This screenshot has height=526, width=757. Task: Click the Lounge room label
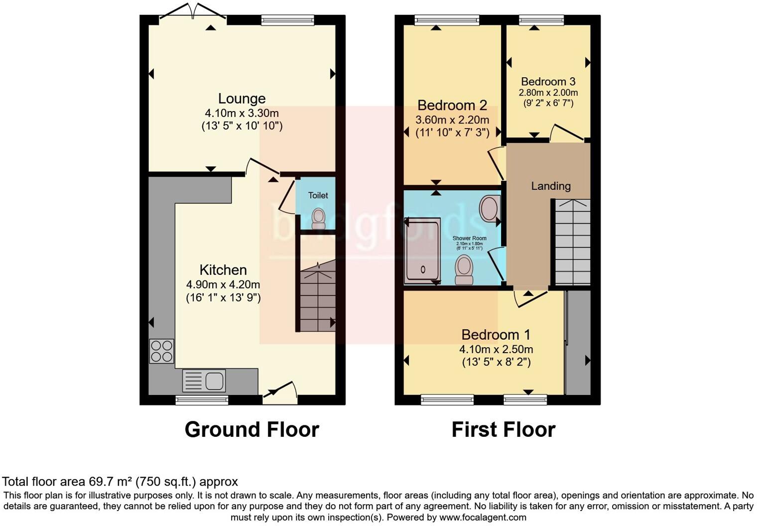coord(242,99)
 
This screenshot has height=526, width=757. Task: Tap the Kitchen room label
coord(223,270)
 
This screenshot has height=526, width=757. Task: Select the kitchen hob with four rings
coord(161,351)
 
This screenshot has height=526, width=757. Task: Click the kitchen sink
coord(204,381)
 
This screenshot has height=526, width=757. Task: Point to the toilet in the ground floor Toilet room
coord(318,217)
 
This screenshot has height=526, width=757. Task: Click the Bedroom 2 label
coord(452,106)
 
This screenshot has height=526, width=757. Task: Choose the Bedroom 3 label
coord(548,82)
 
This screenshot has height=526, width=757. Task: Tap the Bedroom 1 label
coord(496,335)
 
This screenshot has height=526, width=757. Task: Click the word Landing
coord(551,186)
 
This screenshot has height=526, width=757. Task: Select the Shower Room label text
coord(470,239)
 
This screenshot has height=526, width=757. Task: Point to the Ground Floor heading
coord(252,429)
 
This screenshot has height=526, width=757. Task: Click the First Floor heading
coord(504,429)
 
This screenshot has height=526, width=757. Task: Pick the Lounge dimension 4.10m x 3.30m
coord(242,113)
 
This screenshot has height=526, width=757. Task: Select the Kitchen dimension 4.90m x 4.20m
coord(223,285)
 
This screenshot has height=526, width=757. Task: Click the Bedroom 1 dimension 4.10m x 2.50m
coord(496,349)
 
